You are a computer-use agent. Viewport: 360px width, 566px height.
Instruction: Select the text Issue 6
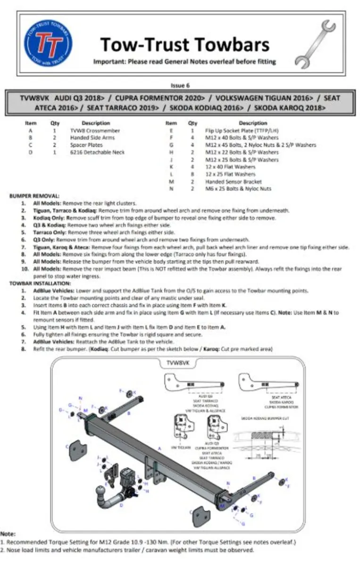(x=180, y=85)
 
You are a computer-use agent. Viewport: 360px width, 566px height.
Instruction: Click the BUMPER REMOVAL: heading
(x=34, y=195)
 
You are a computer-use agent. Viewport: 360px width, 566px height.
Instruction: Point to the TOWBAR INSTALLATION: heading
(x=40, y=283)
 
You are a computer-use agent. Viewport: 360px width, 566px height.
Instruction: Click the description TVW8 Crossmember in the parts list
(x=95, y=131)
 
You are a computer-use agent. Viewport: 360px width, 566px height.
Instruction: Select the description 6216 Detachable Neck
(x=97, y=152)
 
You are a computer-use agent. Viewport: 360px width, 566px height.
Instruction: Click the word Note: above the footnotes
(x=8, y=534)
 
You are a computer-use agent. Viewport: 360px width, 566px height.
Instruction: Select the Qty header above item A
(x=55, y=123)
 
